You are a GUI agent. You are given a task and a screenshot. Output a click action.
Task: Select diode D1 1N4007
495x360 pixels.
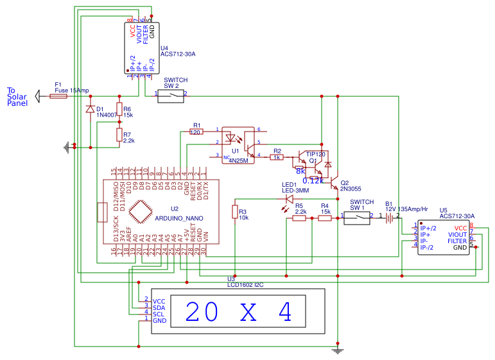click(89, 109)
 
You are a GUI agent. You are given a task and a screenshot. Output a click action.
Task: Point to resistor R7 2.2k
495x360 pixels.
click(119, 134)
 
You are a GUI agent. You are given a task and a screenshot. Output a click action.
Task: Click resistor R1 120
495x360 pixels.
click(196, 132)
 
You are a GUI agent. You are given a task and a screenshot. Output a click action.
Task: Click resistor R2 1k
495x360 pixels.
click(277, 157)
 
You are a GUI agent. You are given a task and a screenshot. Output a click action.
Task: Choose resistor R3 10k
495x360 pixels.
click(235, 212)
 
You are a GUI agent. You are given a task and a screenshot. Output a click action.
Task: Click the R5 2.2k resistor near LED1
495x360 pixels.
click(299, 218)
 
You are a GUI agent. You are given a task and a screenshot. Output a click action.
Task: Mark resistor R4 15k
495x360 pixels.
click(326, 218)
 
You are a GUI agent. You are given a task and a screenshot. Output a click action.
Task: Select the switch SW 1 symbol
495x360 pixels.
click(357, 217)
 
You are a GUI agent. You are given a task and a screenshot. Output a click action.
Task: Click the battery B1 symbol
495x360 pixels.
click(390, 218)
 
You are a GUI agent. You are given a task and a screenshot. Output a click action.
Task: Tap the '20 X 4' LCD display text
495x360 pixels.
click(238, 312)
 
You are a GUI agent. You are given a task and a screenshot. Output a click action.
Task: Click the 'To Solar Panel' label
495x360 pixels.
click(17, 96)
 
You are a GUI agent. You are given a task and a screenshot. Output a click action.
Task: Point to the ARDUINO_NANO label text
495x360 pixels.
click(179, 218)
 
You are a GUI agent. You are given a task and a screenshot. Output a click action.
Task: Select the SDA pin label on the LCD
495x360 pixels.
click(159, 307)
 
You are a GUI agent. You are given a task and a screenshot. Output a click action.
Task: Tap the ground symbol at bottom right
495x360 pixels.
click(338, 350)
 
